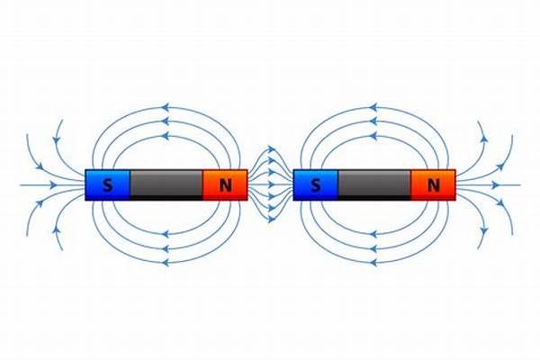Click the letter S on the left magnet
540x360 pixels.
[108, 185]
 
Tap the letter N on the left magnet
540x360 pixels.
[225, 185]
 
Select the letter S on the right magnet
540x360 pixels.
[316, 185]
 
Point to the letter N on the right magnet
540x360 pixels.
[434, 185]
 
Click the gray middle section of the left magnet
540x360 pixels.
[166, 184]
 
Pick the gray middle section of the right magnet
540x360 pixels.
[374, 184]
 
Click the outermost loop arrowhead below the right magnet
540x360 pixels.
[373, 262]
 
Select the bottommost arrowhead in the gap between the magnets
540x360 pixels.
[270, 217]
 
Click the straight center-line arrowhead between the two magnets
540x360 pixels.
[270, 184]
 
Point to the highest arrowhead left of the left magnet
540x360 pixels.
[58, 140]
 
